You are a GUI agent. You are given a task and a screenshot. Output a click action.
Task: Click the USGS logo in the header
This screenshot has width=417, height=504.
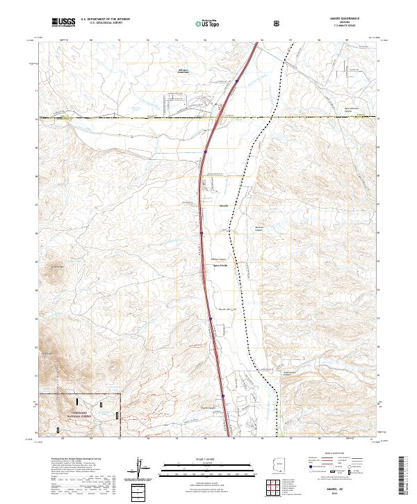[63, 22]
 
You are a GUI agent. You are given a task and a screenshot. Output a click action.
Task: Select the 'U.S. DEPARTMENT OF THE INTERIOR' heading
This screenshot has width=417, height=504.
[104, 19]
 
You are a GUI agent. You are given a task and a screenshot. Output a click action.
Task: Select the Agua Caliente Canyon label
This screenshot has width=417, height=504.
[317, 111]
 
